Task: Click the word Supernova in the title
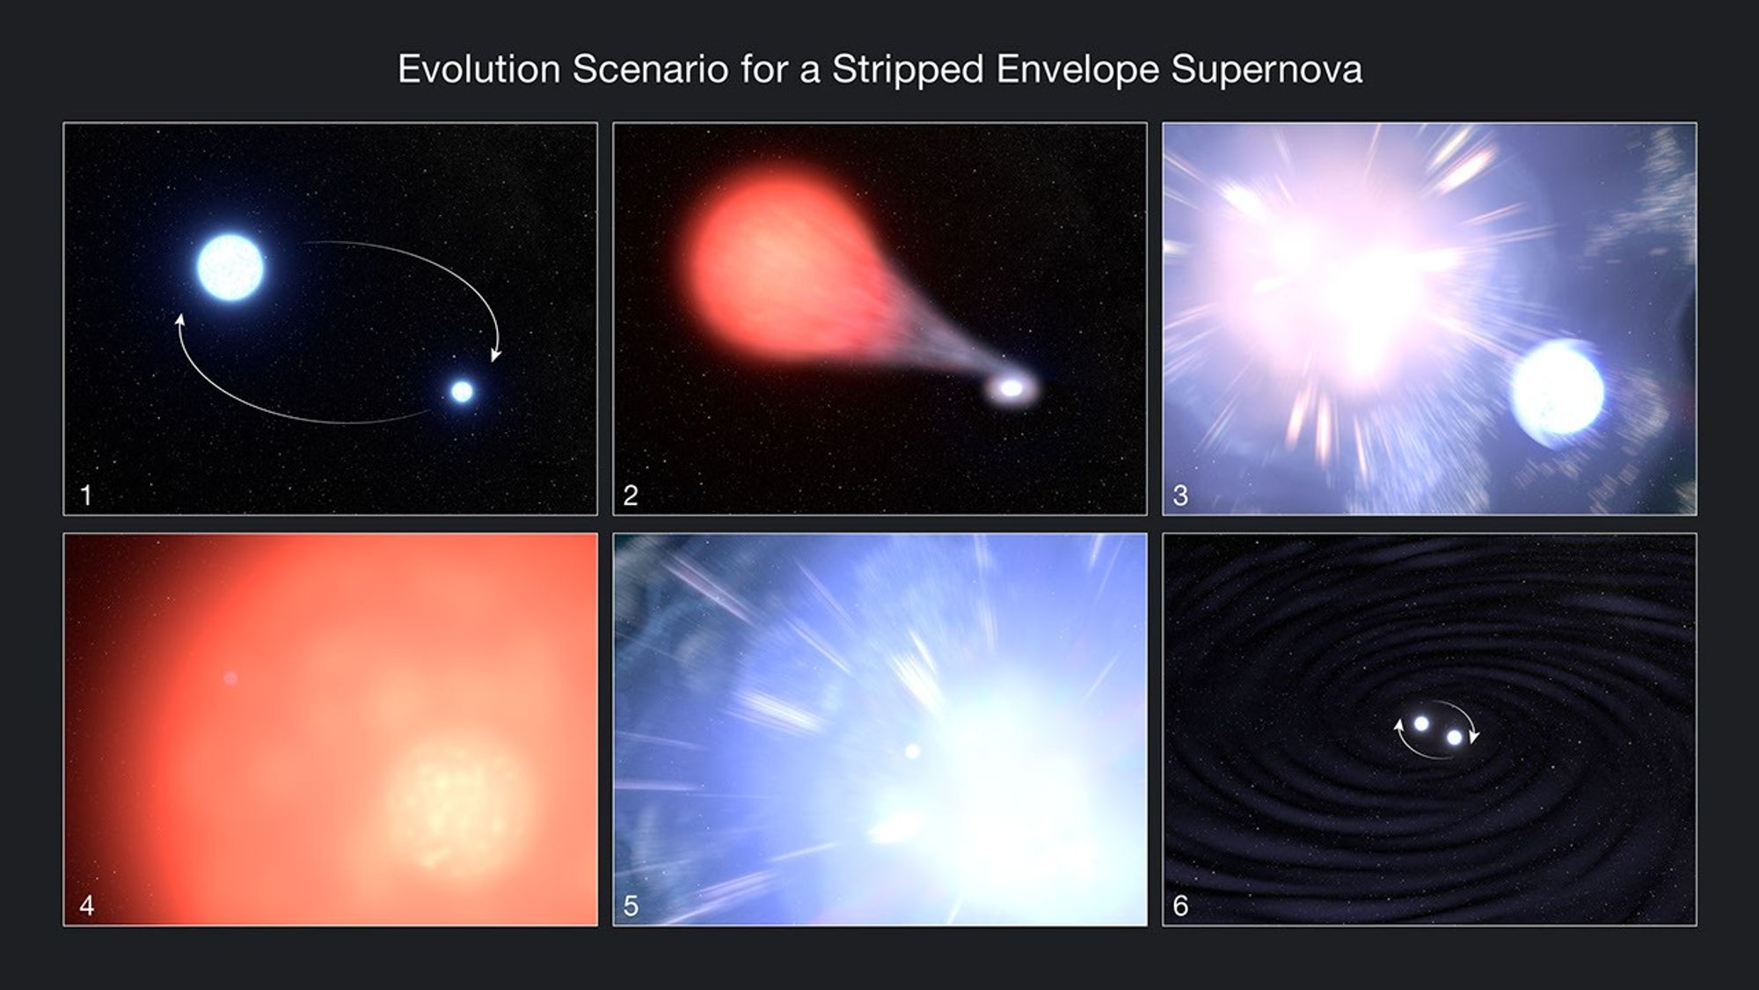coord(1266,70)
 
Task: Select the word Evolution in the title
coord(478,70)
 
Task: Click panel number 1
coord(86,495)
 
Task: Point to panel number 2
coord(630,495)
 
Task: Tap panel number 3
coord(1180,495)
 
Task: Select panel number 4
coord(86,906)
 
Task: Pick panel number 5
coord(630,906)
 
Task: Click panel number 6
coord(1180,906)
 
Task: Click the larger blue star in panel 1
coord(230,267)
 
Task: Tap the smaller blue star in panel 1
coord(462,392)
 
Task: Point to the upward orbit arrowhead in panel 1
coord(180,320)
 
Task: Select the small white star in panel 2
coord(1012,387)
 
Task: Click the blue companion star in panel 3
coord(1557,392)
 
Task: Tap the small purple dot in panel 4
coord(230,678)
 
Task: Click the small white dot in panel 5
coord(912,752)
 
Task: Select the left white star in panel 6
coord(1421,723)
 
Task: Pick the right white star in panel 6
coord(1455,737)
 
